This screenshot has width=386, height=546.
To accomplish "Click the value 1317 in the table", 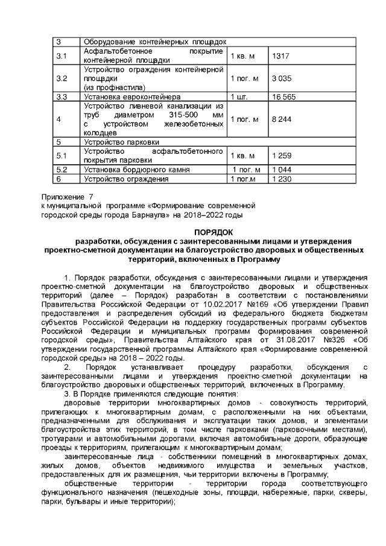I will (281, 56).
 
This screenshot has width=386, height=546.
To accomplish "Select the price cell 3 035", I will (282, 79).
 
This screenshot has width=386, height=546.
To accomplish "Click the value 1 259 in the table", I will (282, 156).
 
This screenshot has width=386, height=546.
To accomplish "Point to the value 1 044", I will (282, 170).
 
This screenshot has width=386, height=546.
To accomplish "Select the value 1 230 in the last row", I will (282, 179).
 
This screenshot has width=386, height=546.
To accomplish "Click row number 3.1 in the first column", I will (62, 56).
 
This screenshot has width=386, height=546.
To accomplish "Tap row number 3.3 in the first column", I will (62, 97).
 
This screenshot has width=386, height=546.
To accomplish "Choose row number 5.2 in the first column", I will (62, 170).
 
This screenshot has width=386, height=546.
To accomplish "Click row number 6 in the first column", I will (59, 179).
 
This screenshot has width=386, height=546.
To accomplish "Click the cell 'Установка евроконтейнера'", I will (131, 97).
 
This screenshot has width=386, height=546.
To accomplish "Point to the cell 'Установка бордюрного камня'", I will (136, 170).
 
